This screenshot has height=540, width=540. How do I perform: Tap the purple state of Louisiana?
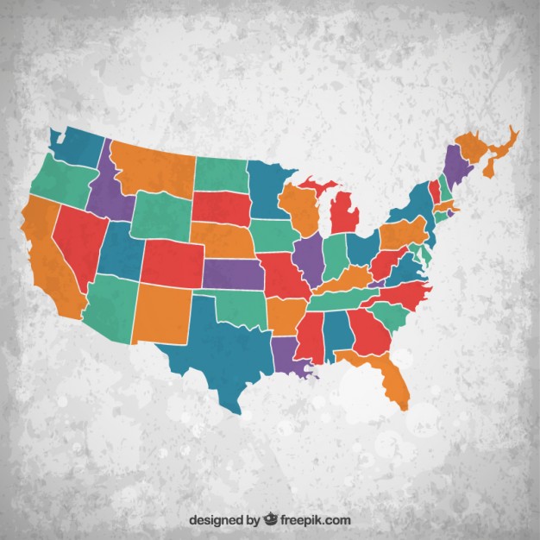[288, 354]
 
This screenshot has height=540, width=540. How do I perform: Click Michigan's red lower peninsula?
[346, 211]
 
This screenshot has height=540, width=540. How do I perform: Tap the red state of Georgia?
[367, 332]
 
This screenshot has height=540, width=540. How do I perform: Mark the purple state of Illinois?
[308, 254]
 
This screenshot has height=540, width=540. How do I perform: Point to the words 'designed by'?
[223, 520]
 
